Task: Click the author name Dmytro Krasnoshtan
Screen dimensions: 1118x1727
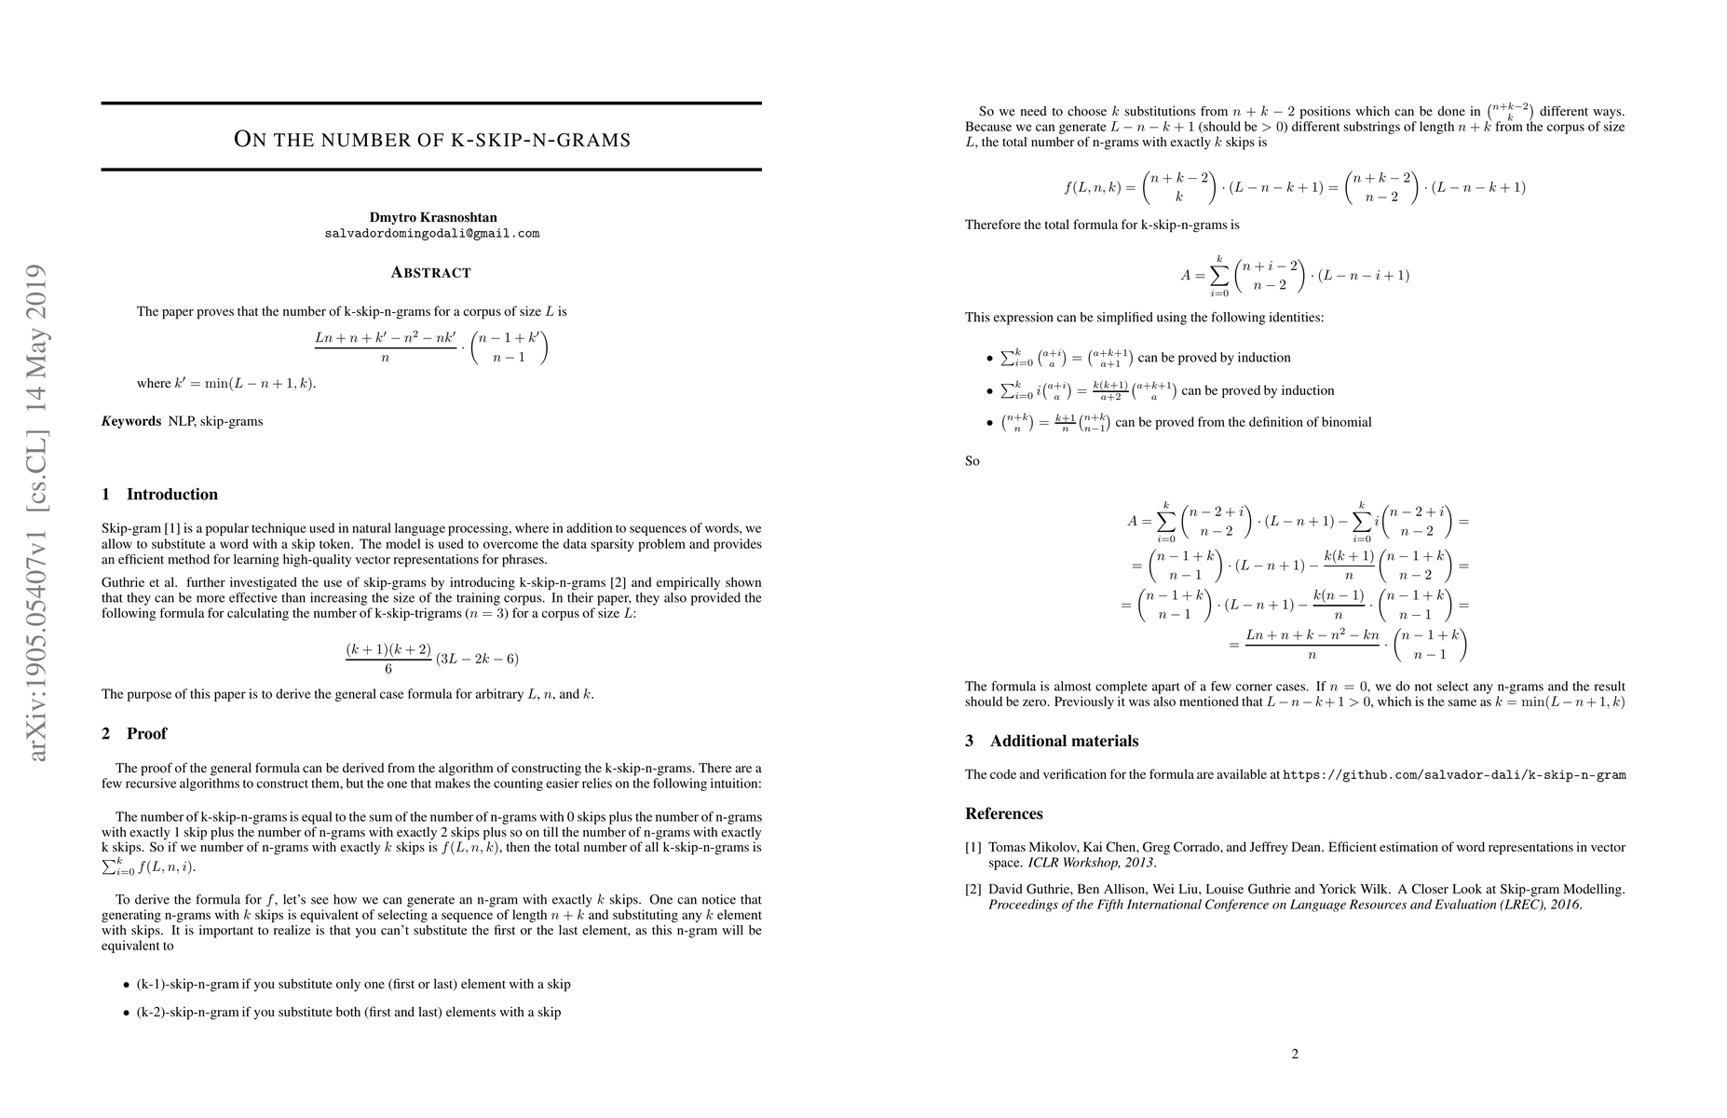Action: pyautogui.click(x=432, y=217)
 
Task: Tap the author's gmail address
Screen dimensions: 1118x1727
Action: pyautogui.click(x=432, y=234)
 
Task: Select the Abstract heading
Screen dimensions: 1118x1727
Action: pyautogui.click(x=430, y=272)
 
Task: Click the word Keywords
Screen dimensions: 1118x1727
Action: pyautogui.click(x=131, y=421)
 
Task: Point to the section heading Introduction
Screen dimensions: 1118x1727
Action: pyautogui.click(x=171, y=495)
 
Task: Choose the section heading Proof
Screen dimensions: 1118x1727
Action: pyautogui.click(x=146, y=734)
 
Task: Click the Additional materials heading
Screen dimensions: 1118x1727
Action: pyautogui.click(x=1064, y=742)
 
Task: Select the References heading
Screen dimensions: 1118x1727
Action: pyautogui.click(x=1003, y=814)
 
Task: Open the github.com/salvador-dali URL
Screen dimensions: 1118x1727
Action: pyautogui.click(x=1454, y=774)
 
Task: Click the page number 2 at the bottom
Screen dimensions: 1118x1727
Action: pyautogui.click(x=1295, y=1055)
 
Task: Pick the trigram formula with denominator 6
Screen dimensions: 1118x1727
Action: pyautogui.click(x=431, y=658)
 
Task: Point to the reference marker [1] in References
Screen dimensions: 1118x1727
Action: pyautogui.click(x=973, y=848)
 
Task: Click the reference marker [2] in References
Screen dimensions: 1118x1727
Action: pyautogui.click(x=973, y=889)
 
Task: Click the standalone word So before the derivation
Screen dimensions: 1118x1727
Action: pyautogui.click(x=972, y=461)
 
